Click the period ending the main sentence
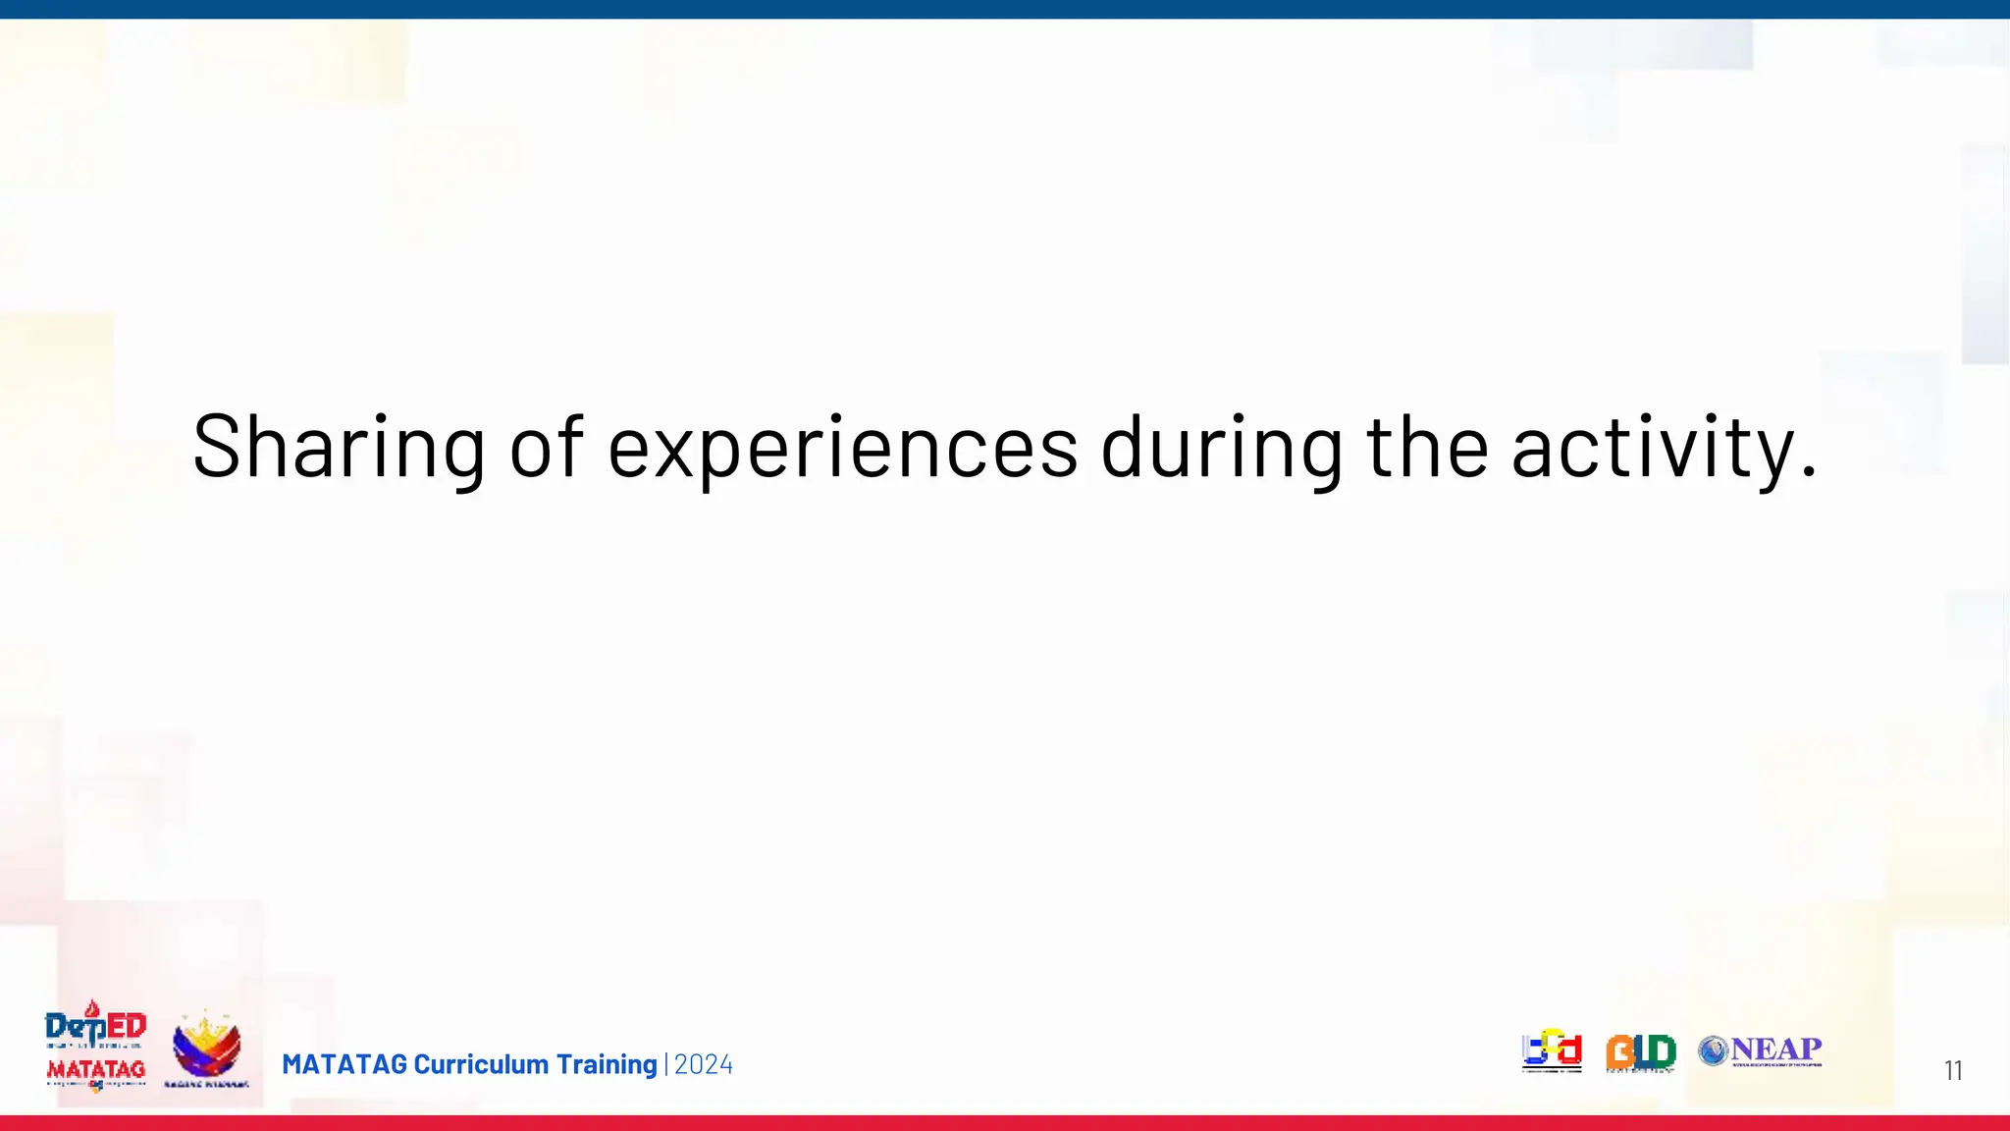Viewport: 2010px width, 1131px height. click(x=1809, y=474)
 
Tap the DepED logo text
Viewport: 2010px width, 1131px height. click(x=95, y=1027)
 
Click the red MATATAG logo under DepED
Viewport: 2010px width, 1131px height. click(x=96, y=1070)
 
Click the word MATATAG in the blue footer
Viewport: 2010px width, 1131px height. click(x=344, y=1064)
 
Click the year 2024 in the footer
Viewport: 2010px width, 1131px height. click(x=704, y=1064)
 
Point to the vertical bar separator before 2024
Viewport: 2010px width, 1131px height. click(x=666, y=1064)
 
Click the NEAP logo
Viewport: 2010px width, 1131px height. click(x=1761, y=1050)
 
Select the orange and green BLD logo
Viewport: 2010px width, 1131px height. click(x=1640, y=1052)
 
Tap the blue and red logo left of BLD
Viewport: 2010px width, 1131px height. click(x=1552, y=1050)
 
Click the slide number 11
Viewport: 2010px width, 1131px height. click(x=1953, y=1070)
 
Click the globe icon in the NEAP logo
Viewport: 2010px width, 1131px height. click(x=1713, y=1051)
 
